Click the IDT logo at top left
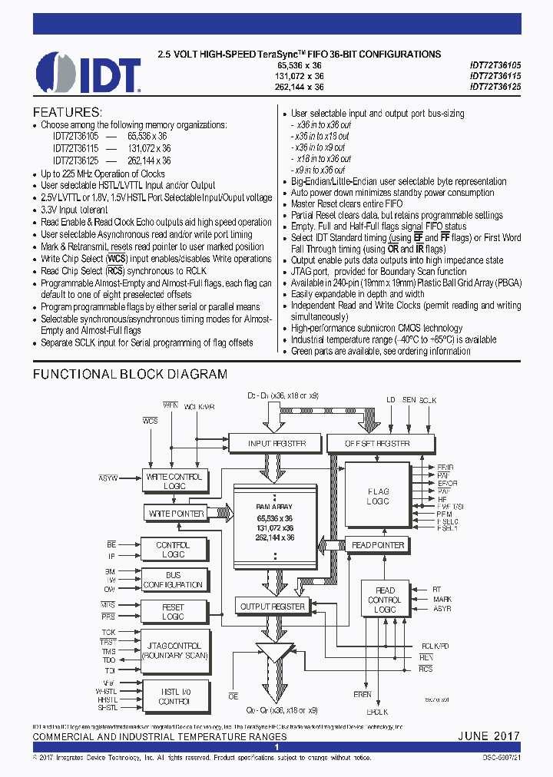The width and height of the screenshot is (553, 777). pyautogui.click(x=88, y=73)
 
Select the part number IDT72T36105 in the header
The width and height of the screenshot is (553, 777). pyautogui.click(x=495, y=66)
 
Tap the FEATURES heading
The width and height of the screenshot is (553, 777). pyautogui.click(x=67, y=112)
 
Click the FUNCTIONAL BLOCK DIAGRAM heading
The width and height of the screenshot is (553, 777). pyautogui.click(x=129, y=375)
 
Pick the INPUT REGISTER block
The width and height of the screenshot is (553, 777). pyautogui.click(x=276, y=444)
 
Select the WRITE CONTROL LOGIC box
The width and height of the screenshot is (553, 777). pyautogui.click(x=174, y=481)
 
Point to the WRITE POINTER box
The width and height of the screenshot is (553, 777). pyautogui.click(x=175, y=513)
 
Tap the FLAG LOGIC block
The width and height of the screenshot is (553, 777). pyautogui.click(x=378, y=496)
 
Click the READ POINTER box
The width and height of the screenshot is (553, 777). pyautogui.click(x=378, y=545)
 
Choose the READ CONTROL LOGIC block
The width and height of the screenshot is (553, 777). pyautogui.click(x=385, y=600)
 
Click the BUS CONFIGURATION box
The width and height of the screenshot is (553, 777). pyautogui.click(x=173, y=580)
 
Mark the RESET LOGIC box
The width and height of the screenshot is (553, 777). pyautogui.click(x=173, y=612)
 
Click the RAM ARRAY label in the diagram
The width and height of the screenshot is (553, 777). pyautogui.click(x=274, y=507)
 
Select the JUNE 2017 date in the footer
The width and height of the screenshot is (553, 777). pyautogui.click(x=489, y=736)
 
